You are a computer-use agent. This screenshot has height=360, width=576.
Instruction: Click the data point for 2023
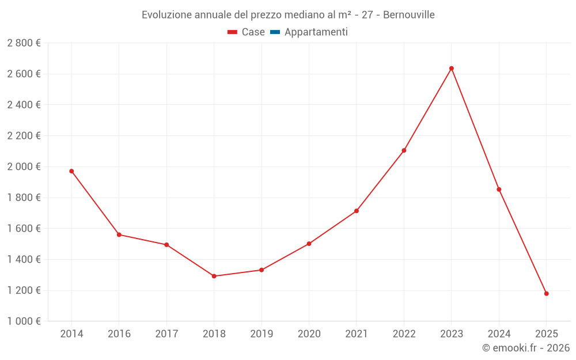(x=452, y=69)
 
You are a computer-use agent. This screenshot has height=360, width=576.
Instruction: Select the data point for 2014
(x=71, y=171)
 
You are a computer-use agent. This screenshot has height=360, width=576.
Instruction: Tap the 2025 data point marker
(x=547, y=294)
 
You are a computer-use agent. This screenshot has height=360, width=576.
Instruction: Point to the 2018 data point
(x=214, y=276)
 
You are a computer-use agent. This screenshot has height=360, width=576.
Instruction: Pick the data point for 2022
(x=404, y=150)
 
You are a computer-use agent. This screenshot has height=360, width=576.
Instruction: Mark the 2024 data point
(x=499, y=190)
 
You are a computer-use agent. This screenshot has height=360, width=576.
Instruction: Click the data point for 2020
(x=309, y=244)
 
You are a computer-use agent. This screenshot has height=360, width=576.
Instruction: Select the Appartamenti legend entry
(x=316, y=32)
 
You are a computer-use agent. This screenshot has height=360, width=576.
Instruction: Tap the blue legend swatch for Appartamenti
(x=275, y=32)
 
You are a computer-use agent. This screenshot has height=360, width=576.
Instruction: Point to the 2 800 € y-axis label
(x=24, y=43)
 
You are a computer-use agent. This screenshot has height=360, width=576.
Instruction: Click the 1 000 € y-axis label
(x=24, y=321)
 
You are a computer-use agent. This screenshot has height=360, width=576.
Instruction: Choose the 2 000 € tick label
(x=24, y=166)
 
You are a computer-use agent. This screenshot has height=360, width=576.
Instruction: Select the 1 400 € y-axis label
(x=24, y=259)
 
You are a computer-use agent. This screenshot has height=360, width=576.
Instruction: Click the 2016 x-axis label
(x=119, y=334)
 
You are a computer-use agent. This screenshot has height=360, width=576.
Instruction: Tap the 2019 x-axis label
(x=262, y=334)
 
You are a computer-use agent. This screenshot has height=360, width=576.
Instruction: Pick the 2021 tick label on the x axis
(x=357, y=334)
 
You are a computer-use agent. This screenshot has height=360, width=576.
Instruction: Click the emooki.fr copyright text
(x=526, y=348)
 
